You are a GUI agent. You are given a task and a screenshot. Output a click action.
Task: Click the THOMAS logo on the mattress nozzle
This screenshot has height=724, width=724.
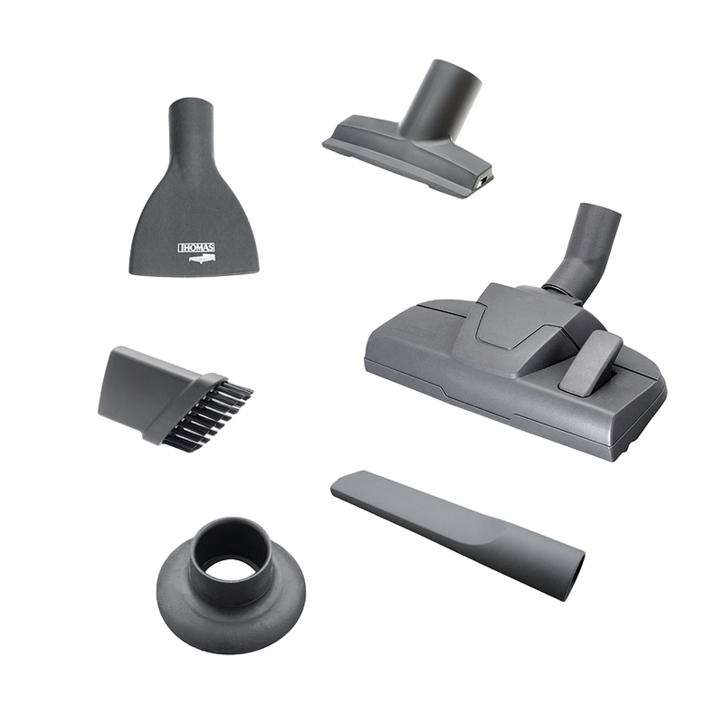196,248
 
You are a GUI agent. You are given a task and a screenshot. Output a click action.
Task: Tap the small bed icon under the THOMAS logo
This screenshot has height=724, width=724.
202,259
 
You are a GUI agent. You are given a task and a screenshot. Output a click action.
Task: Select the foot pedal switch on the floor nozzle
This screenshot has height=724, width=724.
589,364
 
